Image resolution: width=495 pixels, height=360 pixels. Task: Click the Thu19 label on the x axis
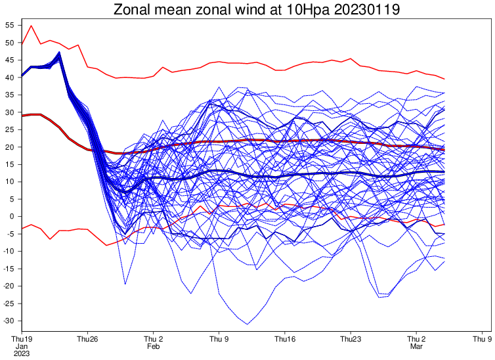22,339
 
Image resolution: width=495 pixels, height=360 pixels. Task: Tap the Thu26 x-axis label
87,339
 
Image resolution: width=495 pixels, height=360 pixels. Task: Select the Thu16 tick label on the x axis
285,339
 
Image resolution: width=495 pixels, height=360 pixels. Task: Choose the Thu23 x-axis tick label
351,339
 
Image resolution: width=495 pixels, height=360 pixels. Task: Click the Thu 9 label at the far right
483,339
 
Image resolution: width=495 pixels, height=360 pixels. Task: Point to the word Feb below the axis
153,346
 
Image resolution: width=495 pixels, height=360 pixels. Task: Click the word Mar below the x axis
416,346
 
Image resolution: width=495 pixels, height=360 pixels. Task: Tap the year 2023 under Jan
22,353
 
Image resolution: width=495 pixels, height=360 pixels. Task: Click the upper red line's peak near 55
32,26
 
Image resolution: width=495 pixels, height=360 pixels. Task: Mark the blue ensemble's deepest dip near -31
247,324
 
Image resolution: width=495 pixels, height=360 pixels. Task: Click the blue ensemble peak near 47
60,52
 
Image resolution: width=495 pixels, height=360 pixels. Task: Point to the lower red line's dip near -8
106,245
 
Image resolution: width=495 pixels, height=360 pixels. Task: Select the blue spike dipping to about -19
125,284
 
